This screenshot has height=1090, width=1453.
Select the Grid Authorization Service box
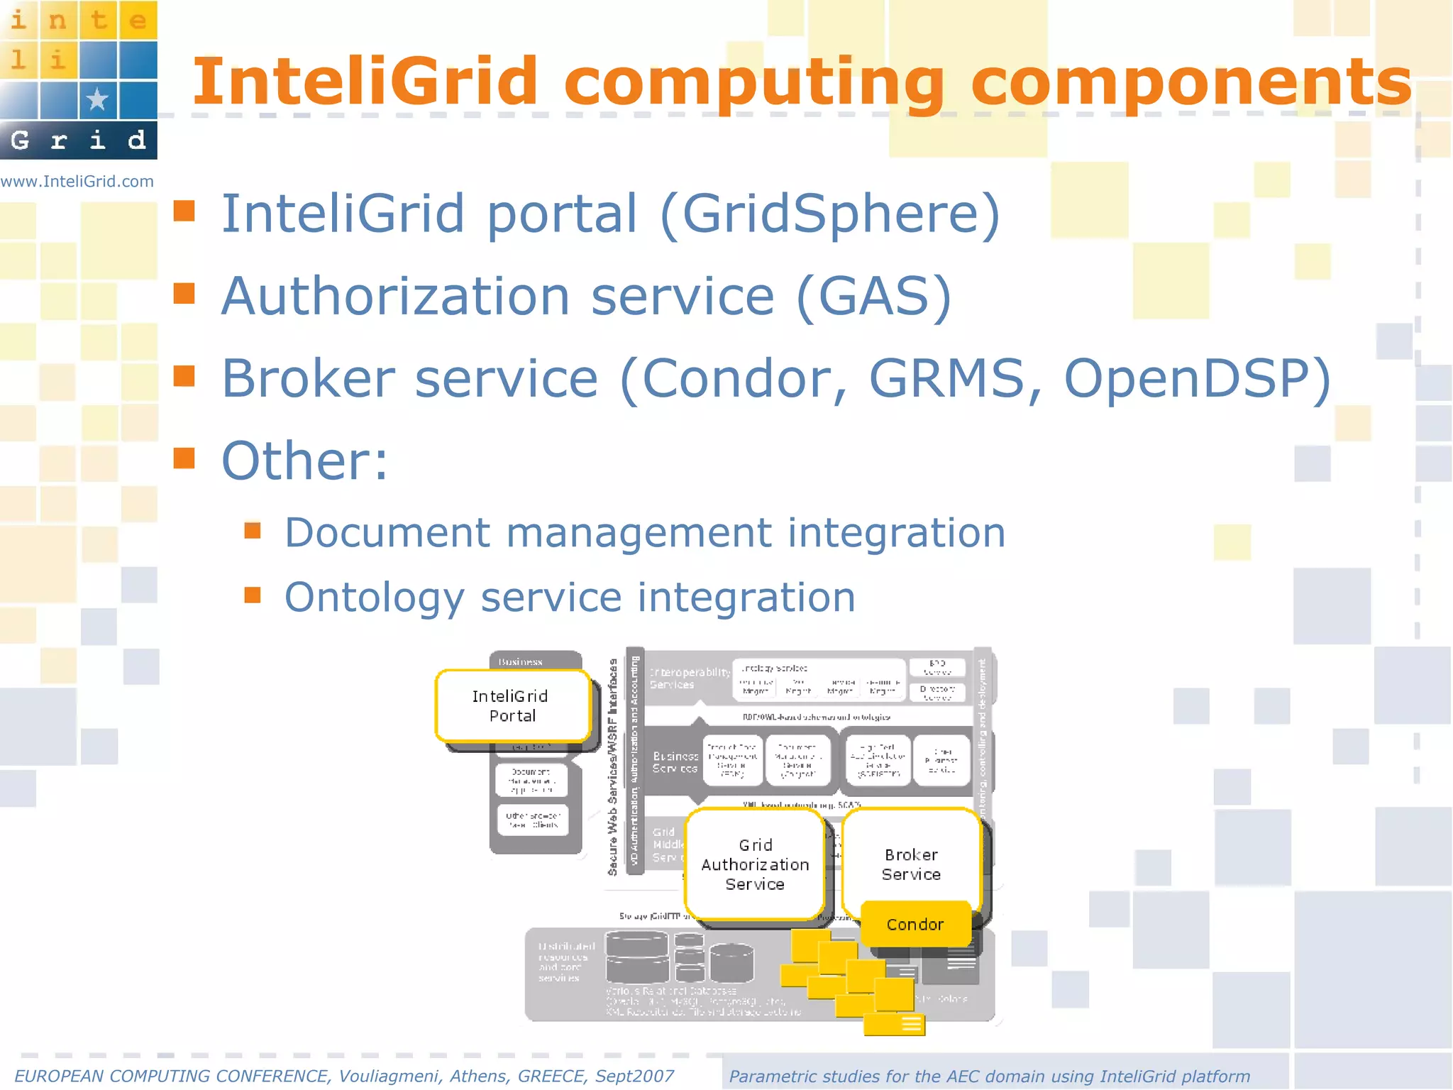click(755, 864)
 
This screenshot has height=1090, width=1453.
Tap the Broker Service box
click(911, 864)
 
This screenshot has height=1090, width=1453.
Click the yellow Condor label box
click(915, 925)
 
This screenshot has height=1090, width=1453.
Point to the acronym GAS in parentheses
click(874, 296)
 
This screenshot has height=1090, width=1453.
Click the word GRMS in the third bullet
click(946, 378)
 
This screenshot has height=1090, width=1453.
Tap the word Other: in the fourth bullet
click(305, 461)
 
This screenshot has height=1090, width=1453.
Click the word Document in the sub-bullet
click(387, 533)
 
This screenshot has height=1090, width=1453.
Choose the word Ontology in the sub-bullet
click(374, 598)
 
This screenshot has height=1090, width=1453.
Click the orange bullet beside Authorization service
click(184, 293)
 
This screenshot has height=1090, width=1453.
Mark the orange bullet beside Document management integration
click(253, 530)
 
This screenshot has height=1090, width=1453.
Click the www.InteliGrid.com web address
click(77, 182)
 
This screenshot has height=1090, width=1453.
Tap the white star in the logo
click(97, 99)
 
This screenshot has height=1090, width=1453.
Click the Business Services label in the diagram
click(675, 762)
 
